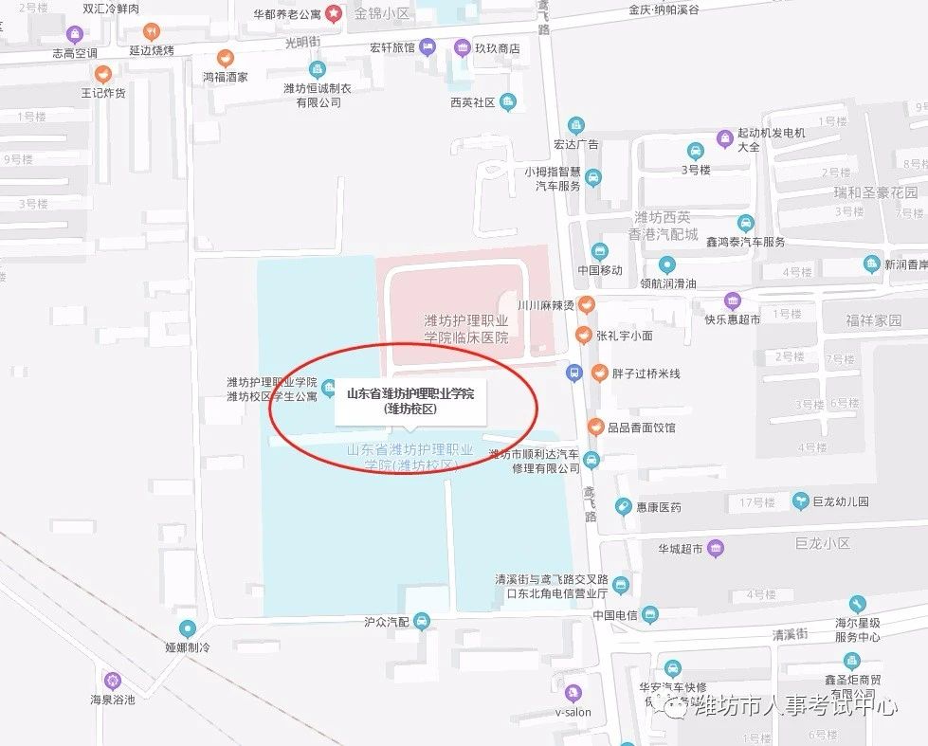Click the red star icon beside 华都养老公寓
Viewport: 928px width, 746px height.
[333, 13]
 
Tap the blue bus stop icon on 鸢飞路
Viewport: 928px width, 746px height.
[573, 373]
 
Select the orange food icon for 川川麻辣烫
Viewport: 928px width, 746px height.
[587, 304]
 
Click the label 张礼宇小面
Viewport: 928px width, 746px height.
[625, 336]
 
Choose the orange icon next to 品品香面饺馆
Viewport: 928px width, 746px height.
[595, 427]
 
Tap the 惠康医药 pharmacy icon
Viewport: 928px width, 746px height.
[623, 507]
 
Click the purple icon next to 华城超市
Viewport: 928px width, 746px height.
[716, 548]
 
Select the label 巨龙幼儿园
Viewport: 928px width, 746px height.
[841, 500]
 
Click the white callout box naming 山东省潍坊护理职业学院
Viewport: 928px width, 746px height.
[409, 401]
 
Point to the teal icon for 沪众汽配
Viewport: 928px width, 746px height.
[423, 622]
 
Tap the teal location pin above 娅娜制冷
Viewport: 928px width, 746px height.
[188, 628]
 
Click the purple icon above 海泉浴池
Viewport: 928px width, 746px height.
[113, 680]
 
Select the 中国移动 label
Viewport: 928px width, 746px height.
[599, 270]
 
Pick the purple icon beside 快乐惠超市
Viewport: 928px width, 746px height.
[732, 301]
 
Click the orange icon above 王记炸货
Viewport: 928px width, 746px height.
[102, 74]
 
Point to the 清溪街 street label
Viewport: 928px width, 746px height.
[789, 634]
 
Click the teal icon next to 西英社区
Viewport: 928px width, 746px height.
[508, 102]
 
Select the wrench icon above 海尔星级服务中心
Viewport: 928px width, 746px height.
[857, 604]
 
